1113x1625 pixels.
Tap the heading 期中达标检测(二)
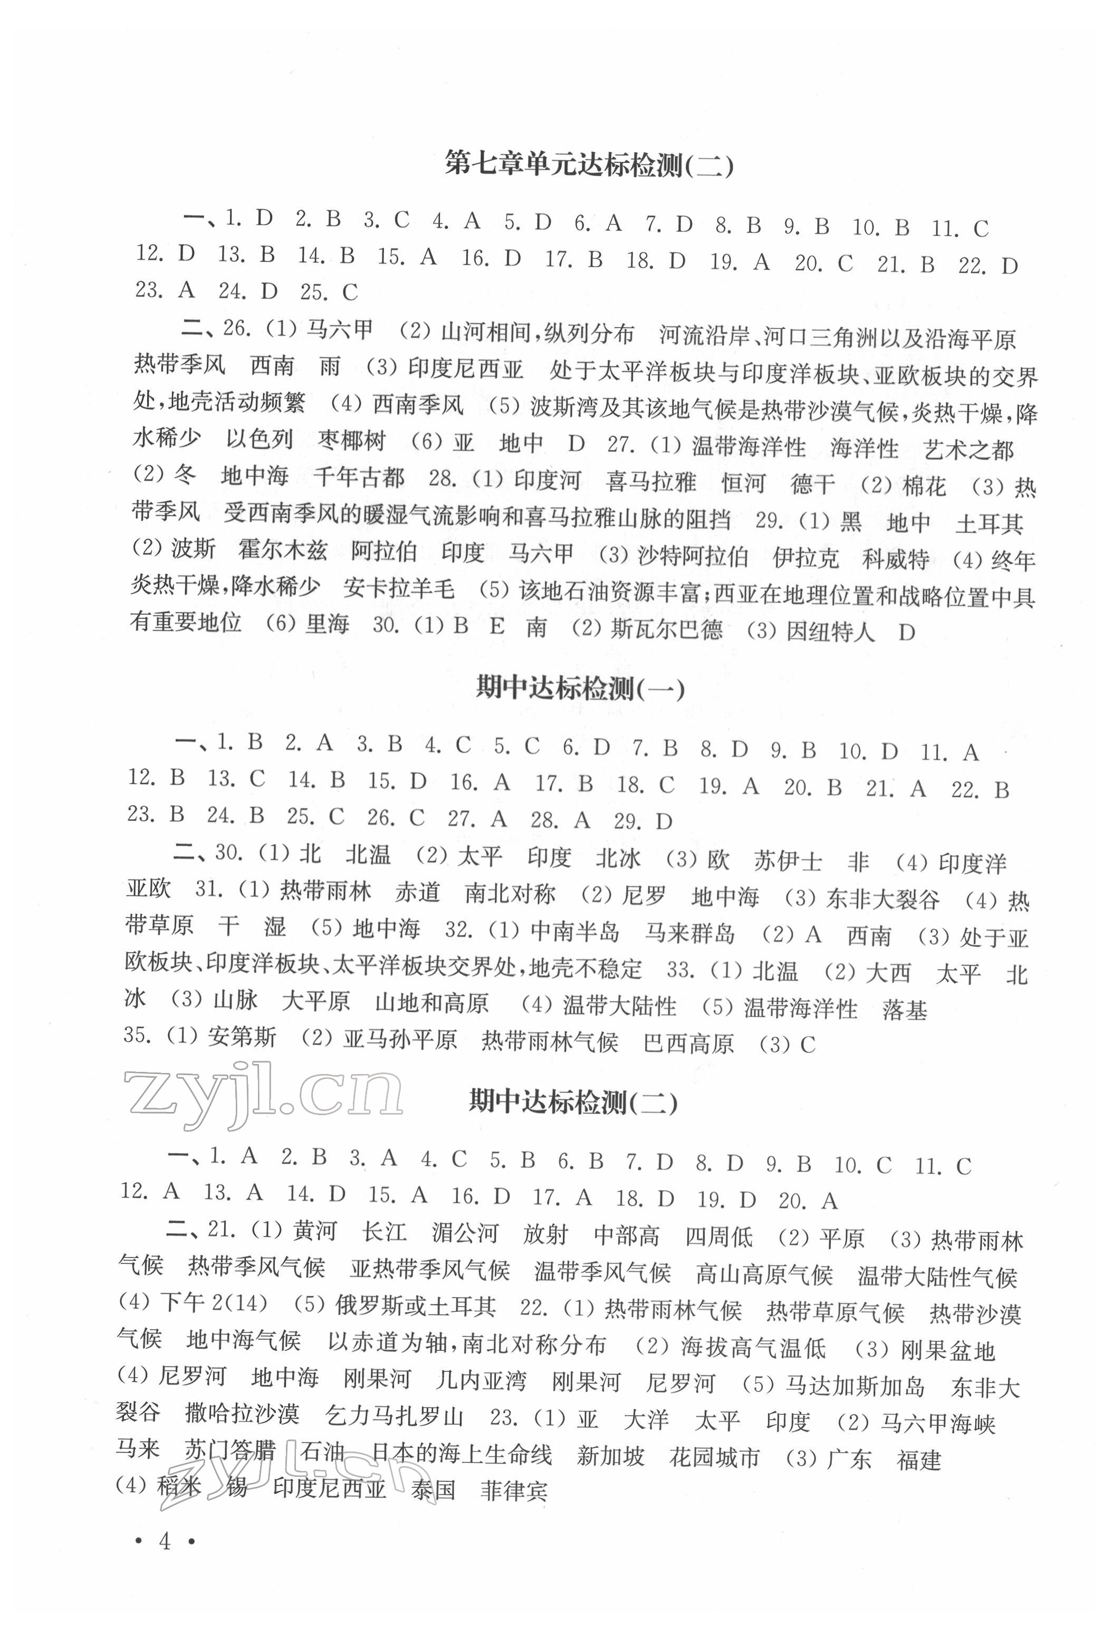pyautogui.click(x=573, y=1102)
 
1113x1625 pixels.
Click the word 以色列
pyautogui.click(x=259, y=440)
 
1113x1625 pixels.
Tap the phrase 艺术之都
pyautogui.click(x=969, y=449)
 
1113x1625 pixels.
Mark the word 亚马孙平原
pyautogui.click(x=399, y=1040)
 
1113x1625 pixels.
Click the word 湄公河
pyautogui.click(x=465, y=1232)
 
